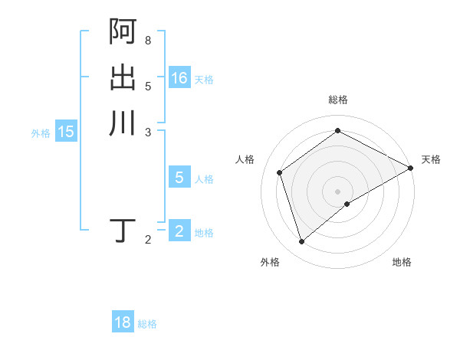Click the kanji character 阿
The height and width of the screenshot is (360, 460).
click(123, 31)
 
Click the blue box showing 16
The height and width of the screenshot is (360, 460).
click(179, 78)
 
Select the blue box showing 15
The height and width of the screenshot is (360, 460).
click(66, 132)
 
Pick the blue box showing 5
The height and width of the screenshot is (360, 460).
click(179, 178)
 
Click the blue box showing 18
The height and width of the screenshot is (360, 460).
click(123, 322)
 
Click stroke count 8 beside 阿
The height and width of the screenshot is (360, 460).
click(148, 39)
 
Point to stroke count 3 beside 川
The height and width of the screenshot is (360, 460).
click(148, 132)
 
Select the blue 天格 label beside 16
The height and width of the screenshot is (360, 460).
click(204, 80)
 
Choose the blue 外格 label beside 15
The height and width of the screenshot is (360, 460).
click(41, 133)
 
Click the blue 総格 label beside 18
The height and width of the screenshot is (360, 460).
click(147, 324)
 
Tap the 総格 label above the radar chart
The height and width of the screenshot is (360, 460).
click(337, 100)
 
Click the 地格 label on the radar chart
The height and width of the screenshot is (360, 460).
click(402, 262)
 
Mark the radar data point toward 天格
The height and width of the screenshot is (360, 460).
click(411, 168)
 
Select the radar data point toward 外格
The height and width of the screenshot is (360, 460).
click(301, 242)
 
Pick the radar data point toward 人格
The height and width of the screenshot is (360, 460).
click(280, 172)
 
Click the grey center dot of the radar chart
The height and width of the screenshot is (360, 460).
click(337, 191)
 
